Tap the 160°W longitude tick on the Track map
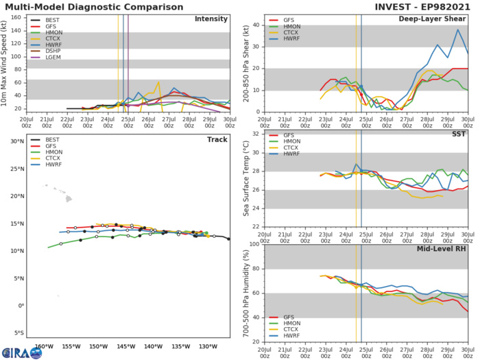click(x=44, y=347)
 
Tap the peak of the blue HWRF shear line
click(x=458, y=29)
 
